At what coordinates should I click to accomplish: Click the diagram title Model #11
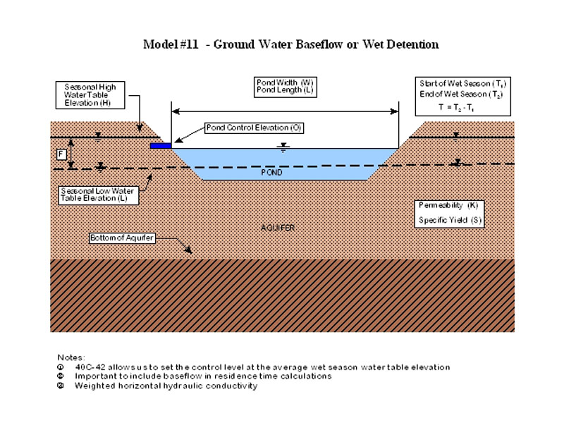[290, 44]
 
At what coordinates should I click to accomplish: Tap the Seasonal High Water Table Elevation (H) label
[90, 95]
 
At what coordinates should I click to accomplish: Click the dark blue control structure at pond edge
[161, 145]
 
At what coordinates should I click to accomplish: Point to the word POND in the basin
[271, 172]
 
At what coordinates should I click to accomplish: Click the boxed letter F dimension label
[62, 154]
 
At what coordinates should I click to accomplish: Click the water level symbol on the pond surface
[283, 147]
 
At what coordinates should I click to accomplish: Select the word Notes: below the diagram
[70, 357]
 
